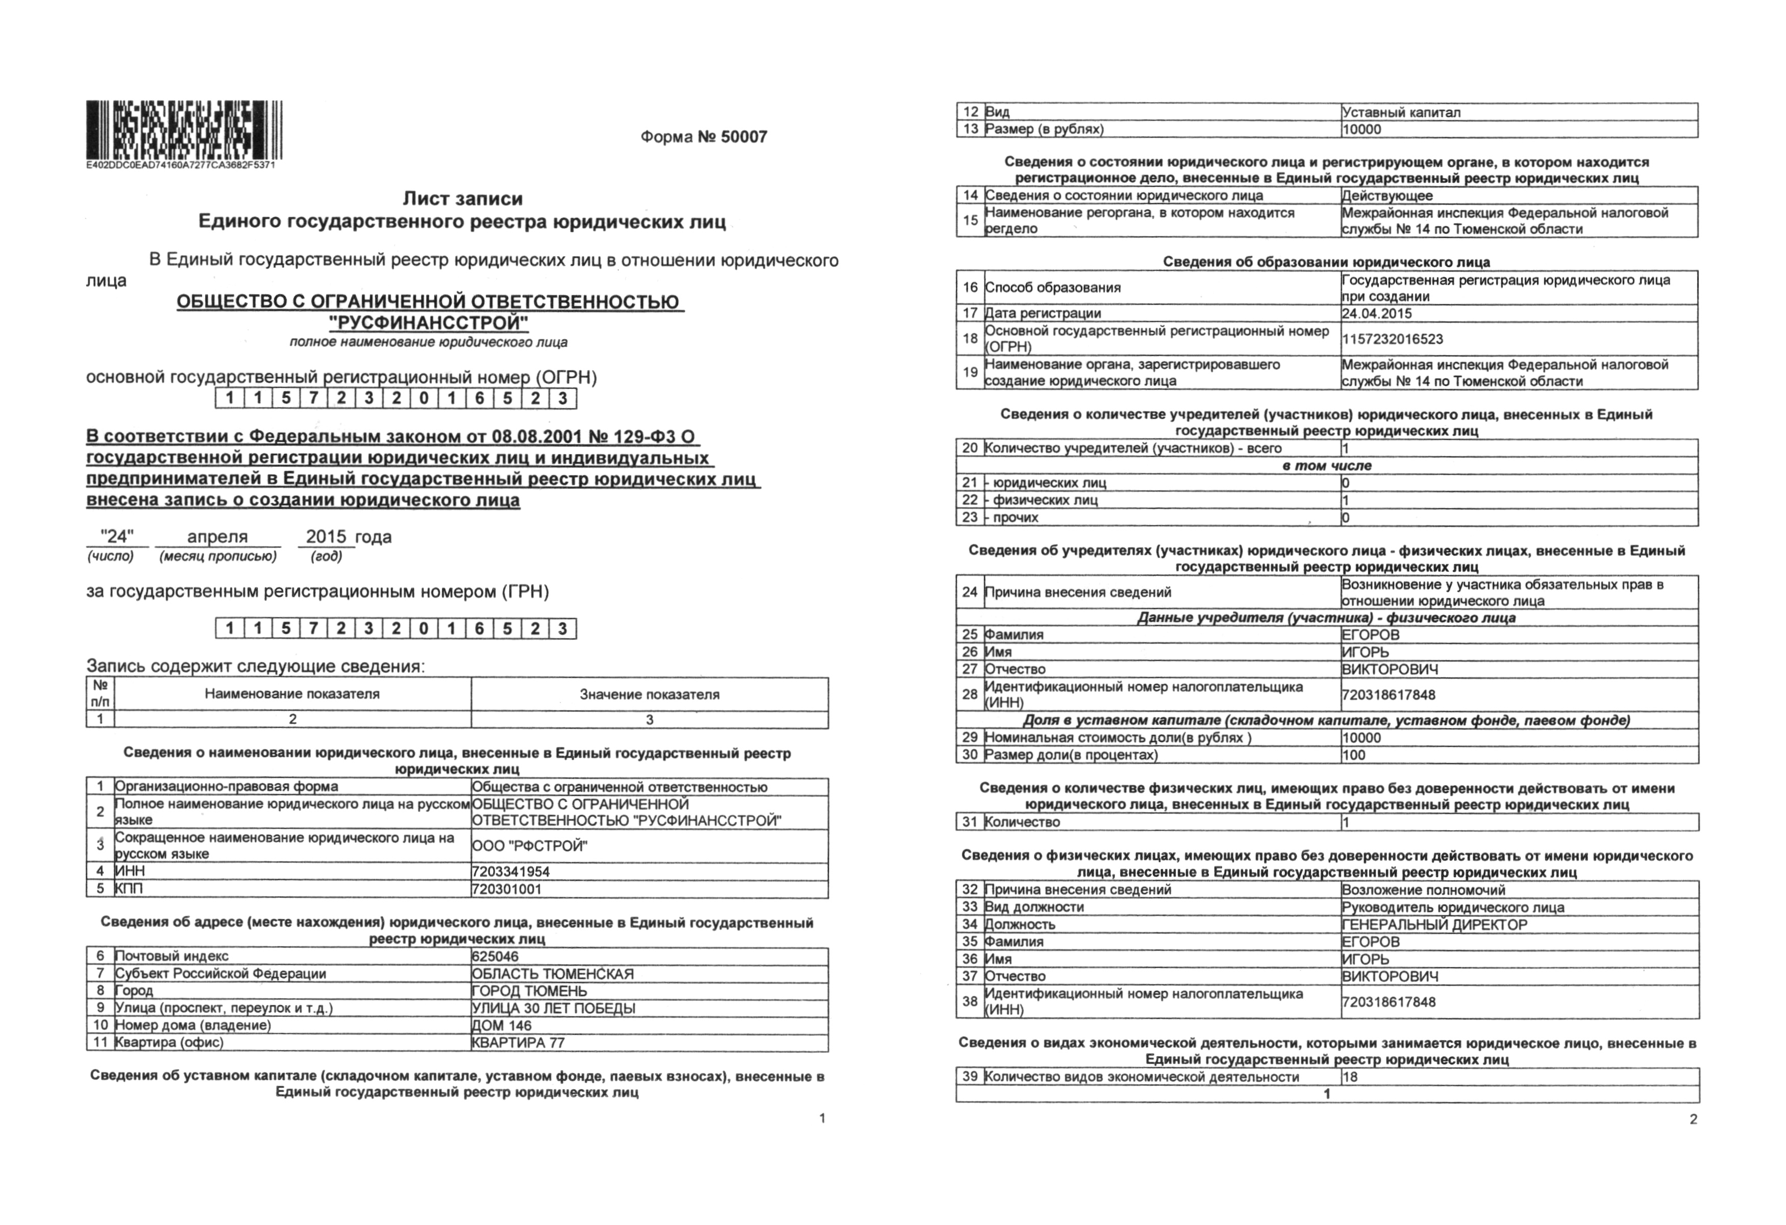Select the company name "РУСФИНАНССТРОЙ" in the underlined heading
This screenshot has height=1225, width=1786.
[428, 322]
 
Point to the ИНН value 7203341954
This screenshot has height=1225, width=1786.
[511, 871]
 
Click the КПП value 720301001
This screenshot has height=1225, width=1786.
[507, 889]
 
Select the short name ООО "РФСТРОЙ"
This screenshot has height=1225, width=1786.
[530, 846]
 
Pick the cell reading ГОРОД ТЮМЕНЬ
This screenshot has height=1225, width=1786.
[530, 991]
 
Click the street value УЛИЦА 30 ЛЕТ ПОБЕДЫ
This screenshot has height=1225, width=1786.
[553, 1008]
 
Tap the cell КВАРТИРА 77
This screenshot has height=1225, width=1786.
[519, 1043]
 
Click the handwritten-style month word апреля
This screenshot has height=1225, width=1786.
[217, 537]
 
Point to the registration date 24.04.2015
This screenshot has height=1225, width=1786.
[1377, 313]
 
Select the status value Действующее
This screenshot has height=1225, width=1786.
[1387, 196]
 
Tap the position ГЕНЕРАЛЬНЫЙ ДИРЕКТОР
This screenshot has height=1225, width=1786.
[1435, 924]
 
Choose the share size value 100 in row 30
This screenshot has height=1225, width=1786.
[1354, 755]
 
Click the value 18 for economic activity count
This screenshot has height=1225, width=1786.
[1350, 1076]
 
